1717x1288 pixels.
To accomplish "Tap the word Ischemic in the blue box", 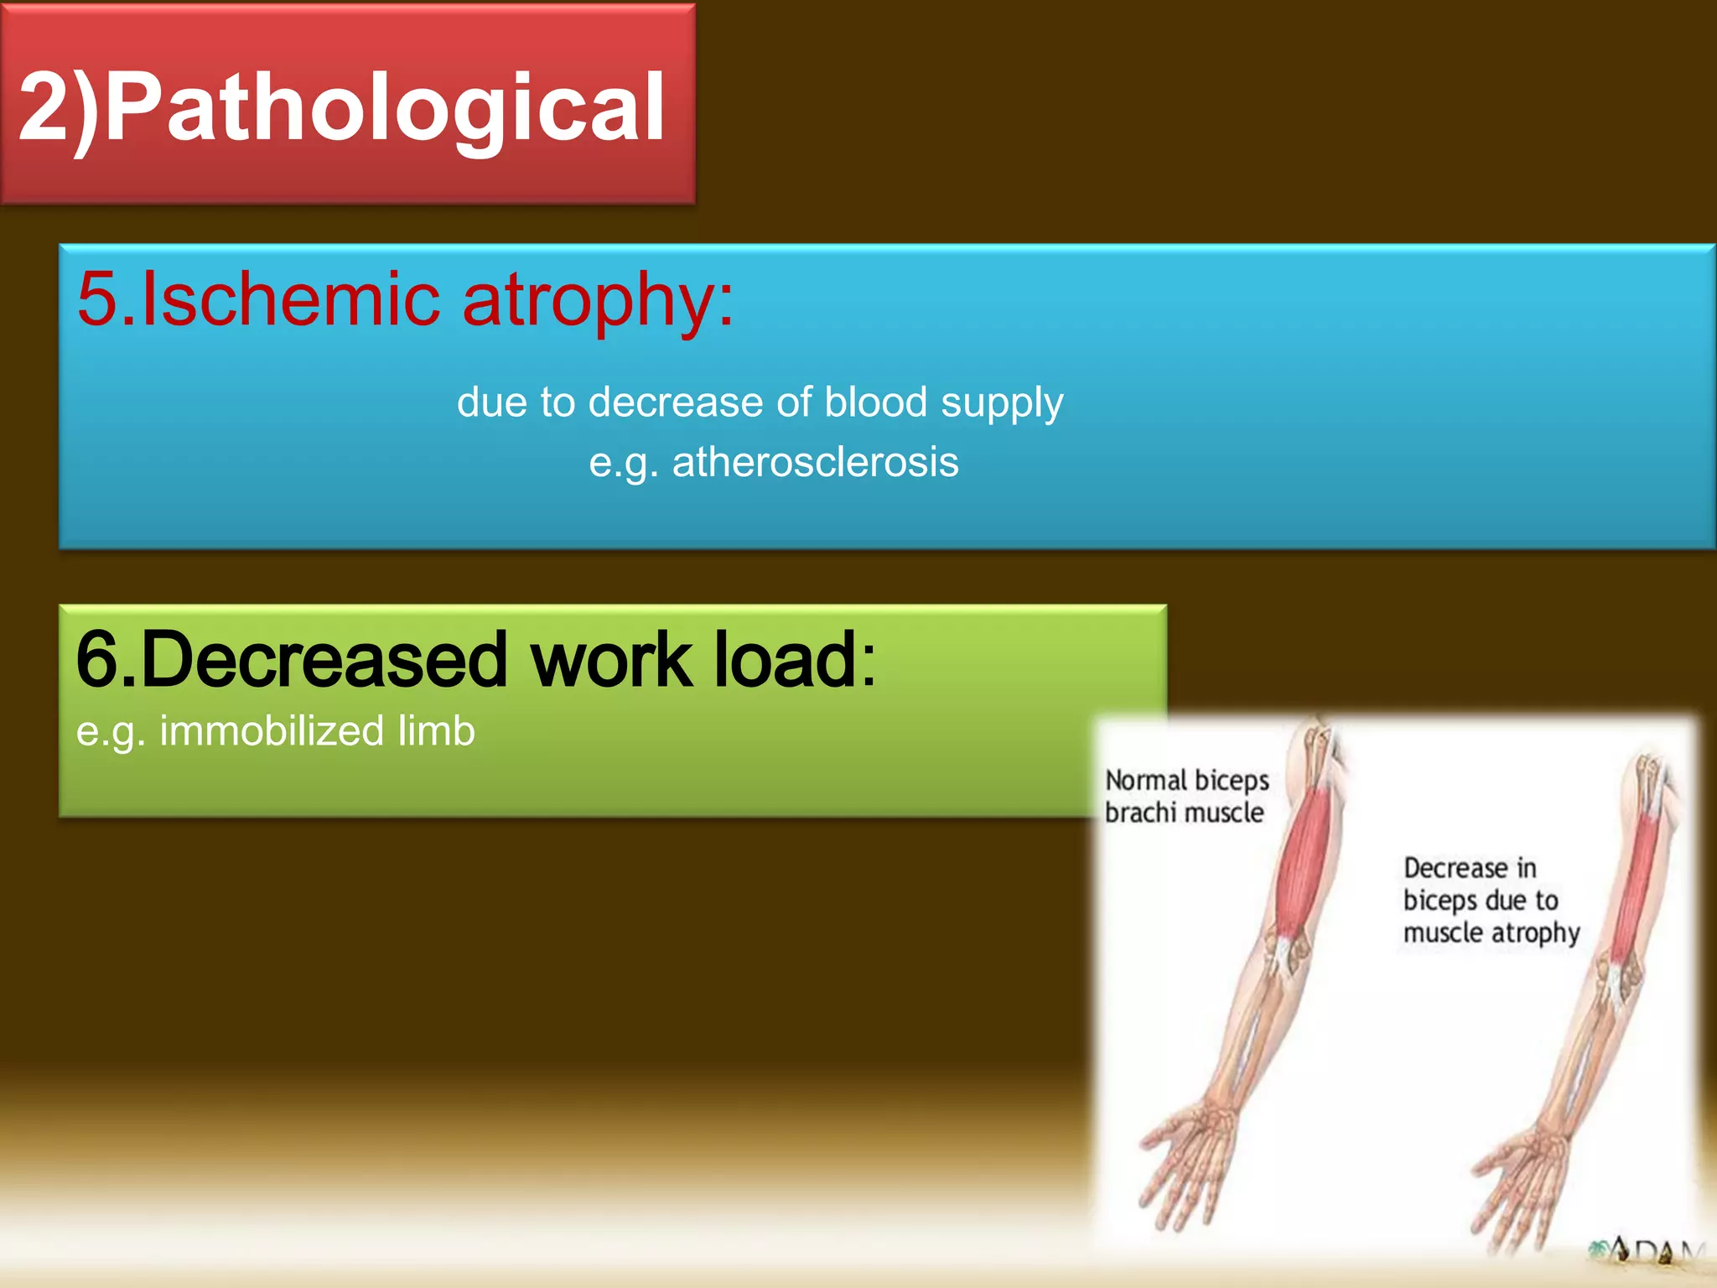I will coord(290,299).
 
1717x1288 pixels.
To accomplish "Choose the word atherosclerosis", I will coord(815,462).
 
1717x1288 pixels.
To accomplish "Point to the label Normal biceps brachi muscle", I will coord(1186,797).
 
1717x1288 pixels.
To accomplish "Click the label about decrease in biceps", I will coord(1490,900).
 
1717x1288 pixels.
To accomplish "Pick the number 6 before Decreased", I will coord(96,661).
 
